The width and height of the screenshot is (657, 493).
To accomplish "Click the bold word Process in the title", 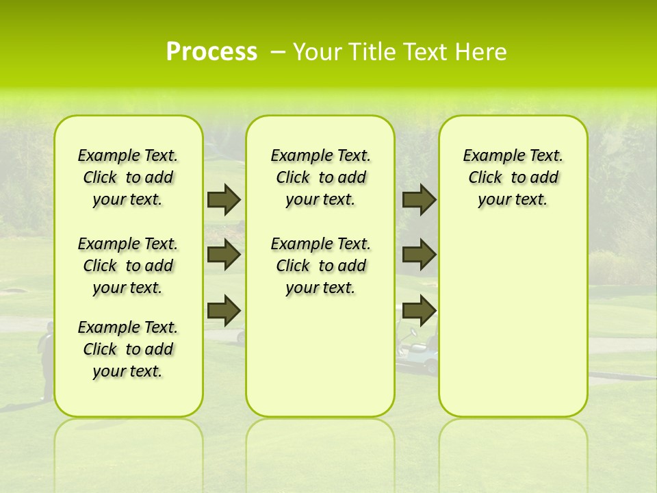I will point(211,52).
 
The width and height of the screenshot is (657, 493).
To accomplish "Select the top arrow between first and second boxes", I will point(224,199).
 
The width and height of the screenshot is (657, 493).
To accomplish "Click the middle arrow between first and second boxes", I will point(224,255).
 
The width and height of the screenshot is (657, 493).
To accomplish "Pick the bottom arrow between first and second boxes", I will point(224,310).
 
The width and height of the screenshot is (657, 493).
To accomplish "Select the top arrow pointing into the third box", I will point(419,199).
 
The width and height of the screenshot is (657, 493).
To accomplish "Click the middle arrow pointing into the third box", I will point(419,255).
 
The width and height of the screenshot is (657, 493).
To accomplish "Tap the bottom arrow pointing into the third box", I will point(419,310).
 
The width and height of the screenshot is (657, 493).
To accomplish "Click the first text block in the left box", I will point(128,177).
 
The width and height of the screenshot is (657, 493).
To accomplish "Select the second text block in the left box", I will point(128,266).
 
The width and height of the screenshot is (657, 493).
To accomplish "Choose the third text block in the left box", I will point(128,349).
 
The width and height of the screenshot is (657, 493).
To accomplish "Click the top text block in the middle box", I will point(320,177).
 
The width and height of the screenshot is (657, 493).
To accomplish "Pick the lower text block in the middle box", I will point(320,266).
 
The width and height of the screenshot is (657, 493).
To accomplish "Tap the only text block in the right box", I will point(513,177).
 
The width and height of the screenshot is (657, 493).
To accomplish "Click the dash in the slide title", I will point(278,52).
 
